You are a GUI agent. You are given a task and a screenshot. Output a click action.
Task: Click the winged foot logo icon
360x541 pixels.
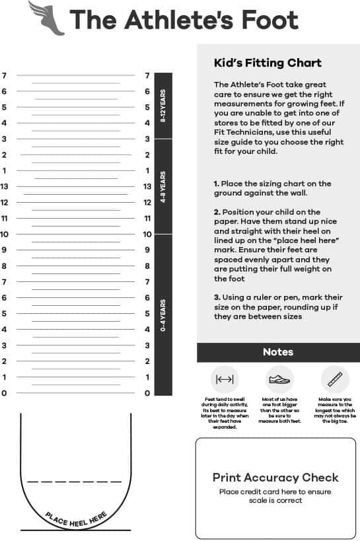coord(46,18)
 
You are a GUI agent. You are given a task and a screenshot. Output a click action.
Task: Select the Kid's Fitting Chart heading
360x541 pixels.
coord(268,63)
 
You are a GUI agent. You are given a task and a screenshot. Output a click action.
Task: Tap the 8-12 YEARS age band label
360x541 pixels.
coord(163,106)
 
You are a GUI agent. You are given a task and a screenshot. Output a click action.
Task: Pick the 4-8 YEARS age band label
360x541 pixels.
coord(163,186)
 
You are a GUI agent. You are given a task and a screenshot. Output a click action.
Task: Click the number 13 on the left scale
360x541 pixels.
coord(5,186)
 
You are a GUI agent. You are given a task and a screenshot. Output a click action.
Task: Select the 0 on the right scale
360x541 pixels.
coord(147,393)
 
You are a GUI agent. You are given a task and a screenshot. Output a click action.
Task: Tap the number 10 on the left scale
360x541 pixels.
coord(5,234)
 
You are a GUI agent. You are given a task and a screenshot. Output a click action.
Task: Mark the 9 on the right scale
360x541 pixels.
coord(147,250)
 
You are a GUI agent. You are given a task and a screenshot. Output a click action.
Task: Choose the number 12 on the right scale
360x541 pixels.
coord(147,202)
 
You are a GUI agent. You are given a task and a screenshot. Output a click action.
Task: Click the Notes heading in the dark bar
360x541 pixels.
coord(277,352)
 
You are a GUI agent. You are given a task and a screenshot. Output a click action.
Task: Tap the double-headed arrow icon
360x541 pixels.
coord(225,380)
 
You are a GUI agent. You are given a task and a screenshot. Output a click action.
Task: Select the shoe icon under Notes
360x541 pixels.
coord(279,380)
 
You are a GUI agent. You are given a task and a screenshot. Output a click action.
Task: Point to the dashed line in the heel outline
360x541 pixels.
coord(74,482)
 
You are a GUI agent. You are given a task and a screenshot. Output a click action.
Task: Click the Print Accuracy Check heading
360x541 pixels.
coord(275,477)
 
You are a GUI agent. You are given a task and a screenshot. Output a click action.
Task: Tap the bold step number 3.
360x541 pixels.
coord(216,297)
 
